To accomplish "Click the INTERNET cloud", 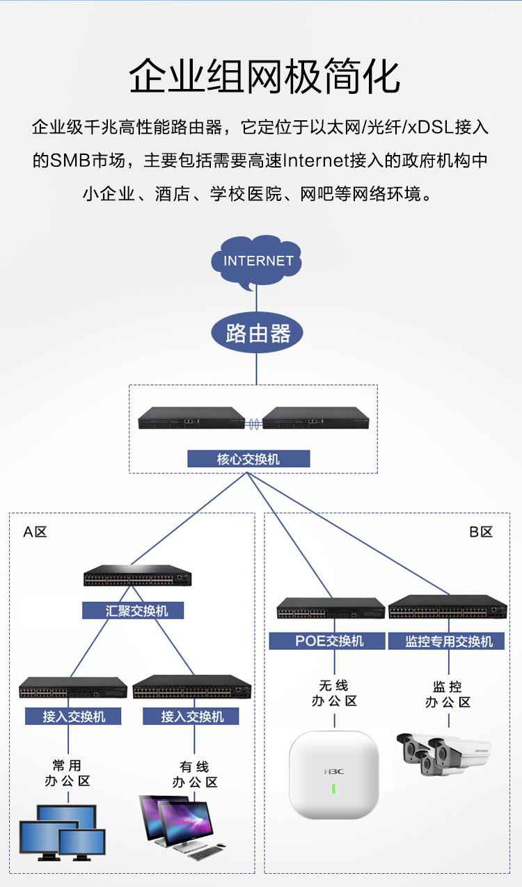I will pyautogui.click(x=258, y=262).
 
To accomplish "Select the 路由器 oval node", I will pyautogui.click(x=258, y=334).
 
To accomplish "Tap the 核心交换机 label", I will pyautogui.click(x=248, y=459).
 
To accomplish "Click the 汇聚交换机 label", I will pyautogui.click(x=134, y=611).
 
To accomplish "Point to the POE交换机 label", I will pyautogui.click(x=327, y=641).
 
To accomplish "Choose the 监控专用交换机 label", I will pyautogui.click(x=448, y=641).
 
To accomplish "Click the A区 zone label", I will pyautogui.click(x=35, y=532).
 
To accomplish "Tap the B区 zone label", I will pyautogui.click(x=480, y=532).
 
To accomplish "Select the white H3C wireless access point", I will pyautogui.click(x=333, y=774).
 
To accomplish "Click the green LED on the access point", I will pyautogui.click(x=333, y=788).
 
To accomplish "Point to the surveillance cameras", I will pyautogui.click(x=443, y=754).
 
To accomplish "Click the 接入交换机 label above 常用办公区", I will pyautogui.click(x=73, y=716).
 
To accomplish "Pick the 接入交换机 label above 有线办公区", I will pyautogui.click(x=191, y=716).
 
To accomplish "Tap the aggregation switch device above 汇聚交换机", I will pyautogui.click(x=137, y=576).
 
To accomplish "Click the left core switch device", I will pyautogui.click(x=191, y=418).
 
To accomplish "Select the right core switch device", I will pyautogui.click(x=315, y=418).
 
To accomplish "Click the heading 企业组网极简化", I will pyautogui.click(x=264, y=76).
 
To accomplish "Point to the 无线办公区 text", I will pyautogui.click(x=333, y=694).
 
